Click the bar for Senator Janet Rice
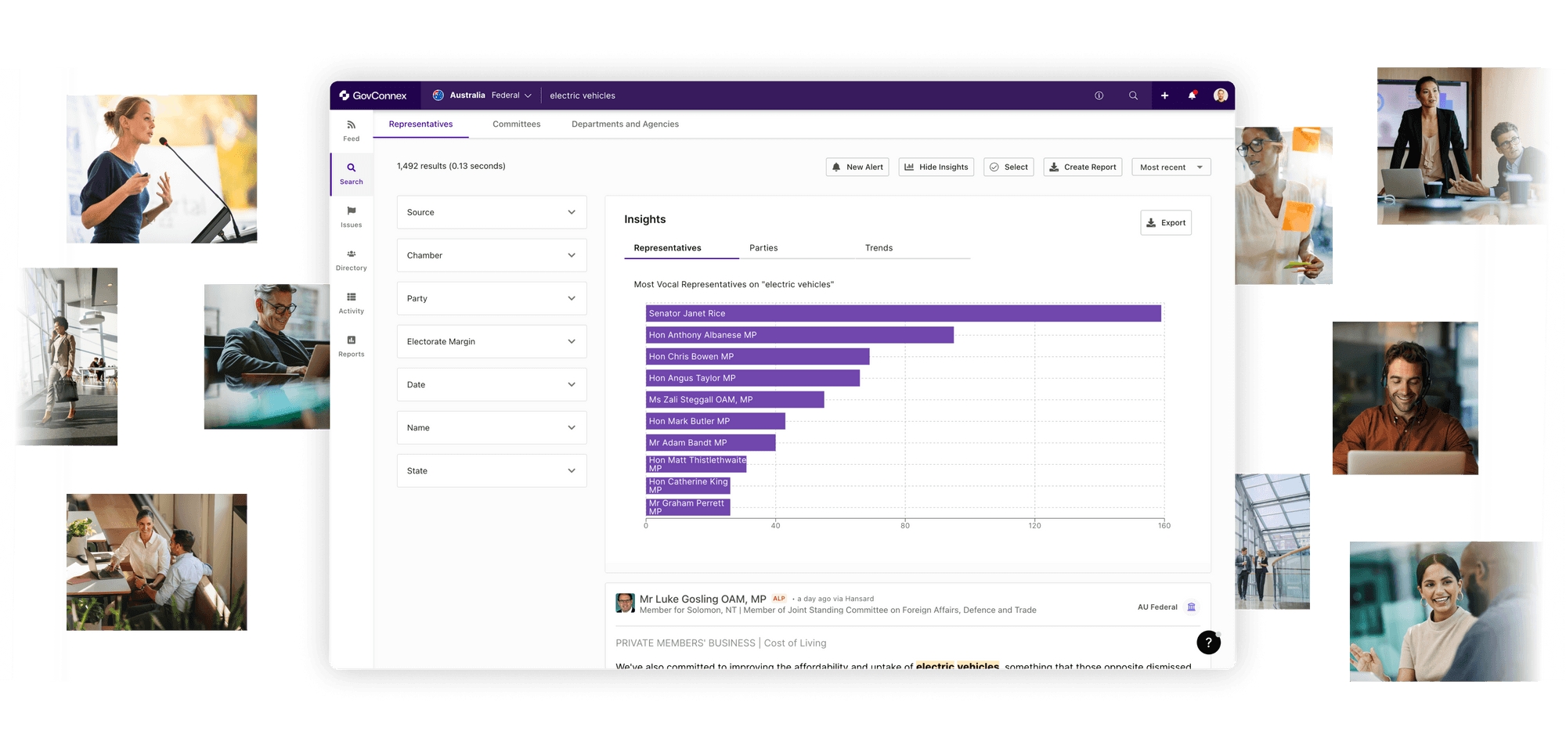(903, 314)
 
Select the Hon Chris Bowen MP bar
(757, 357)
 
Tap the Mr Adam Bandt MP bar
(710, 443)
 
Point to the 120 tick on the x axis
(1034, 526)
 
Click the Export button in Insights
(1165, 223)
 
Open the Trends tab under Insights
(879, 248)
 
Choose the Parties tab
(763, 248)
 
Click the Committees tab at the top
(516, 124)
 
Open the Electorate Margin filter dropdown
(492, 342)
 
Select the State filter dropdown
(492, 471)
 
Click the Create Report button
(1082, 167)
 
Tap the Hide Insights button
(936, 167)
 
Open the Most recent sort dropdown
(1171, 167)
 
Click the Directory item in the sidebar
(352, 260)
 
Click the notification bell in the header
(1192, 95)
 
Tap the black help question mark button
(1208, 643)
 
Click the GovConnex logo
(373, 95)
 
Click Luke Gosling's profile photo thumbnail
(625, 603)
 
